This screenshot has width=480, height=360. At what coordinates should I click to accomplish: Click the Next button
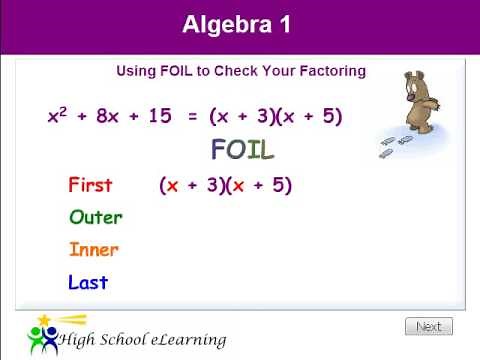[428, 326]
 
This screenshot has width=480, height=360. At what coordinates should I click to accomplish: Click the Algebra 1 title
[237, 25]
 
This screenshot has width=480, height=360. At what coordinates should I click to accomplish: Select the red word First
[90, 185]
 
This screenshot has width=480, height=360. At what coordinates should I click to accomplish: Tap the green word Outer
[96, 217]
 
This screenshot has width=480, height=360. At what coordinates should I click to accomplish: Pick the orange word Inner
[94, 250]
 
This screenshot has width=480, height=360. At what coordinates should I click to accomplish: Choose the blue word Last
[88, 283]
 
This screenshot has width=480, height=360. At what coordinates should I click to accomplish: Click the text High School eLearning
[142, 340]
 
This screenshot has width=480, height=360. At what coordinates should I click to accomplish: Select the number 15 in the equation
[160, 116]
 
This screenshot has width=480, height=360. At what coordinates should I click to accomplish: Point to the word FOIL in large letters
[242, 150]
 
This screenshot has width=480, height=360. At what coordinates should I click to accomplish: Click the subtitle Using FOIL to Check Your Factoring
[241, 71]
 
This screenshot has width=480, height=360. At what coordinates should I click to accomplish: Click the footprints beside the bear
[396, 146]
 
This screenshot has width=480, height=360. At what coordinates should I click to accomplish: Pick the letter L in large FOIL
[265, 150]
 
